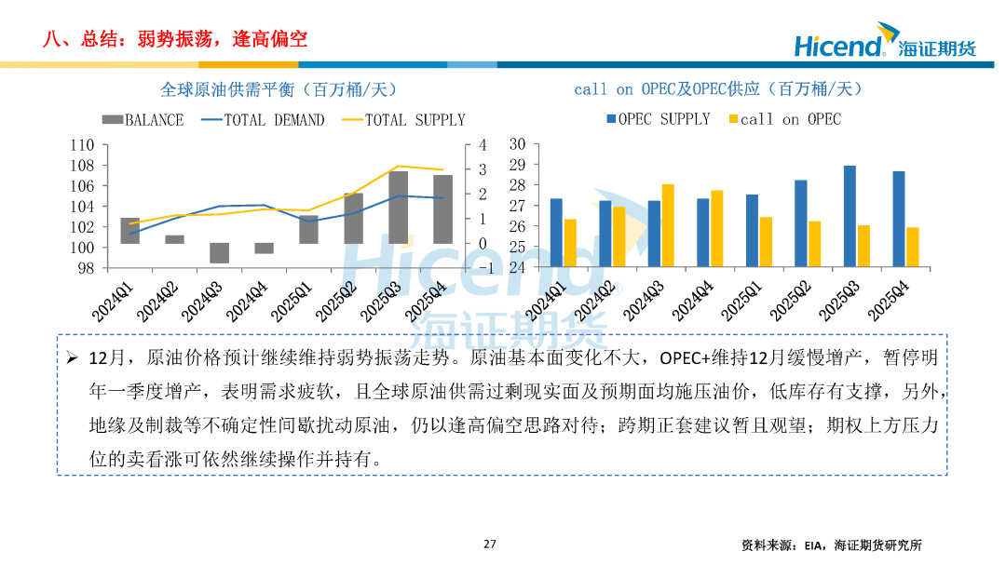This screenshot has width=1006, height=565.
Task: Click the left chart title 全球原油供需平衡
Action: [x=279, y=89]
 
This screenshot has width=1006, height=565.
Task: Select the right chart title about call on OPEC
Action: [x=717, y=89]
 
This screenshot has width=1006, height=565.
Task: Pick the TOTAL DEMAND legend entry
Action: [x=263, y=120]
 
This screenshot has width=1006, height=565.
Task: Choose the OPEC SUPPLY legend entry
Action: [x=658, y=119]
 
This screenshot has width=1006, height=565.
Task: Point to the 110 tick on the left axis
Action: [x=83, y=145]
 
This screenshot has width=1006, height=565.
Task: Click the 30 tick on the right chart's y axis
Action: [x=519, y=144]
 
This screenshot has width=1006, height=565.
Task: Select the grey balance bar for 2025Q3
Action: [x=399, y=208]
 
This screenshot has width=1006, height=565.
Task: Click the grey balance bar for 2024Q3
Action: [x=220, y=253]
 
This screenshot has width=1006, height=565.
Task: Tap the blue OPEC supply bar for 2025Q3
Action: [x=850, y=217]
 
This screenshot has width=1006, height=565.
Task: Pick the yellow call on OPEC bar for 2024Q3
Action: [x=668, y=226]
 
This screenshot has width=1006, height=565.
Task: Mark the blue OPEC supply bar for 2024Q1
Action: [x=556, y=233]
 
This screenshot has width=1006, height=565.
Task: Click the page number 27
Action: [x=490, y=545]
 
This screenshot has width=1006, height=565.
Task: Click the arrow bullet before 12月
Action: [x=73, y=358]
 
